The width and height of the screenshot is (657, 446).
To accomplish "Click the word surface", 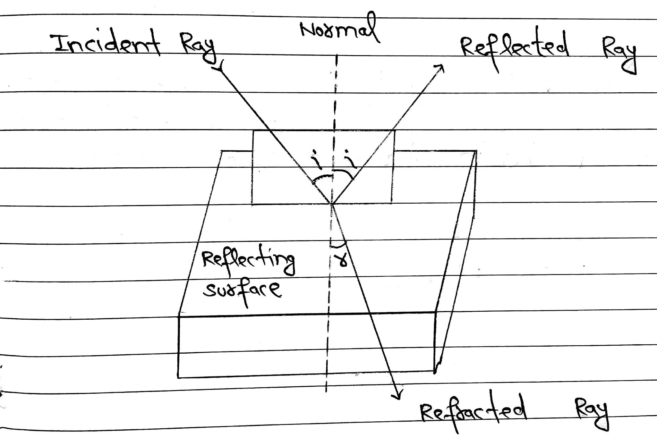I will tap(243, 290).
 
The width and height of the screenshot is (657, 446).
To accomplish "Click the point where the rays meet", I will tap(331, 204).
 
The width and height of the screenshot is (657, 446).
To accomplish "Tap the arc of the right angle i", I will tap(345, 173).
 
